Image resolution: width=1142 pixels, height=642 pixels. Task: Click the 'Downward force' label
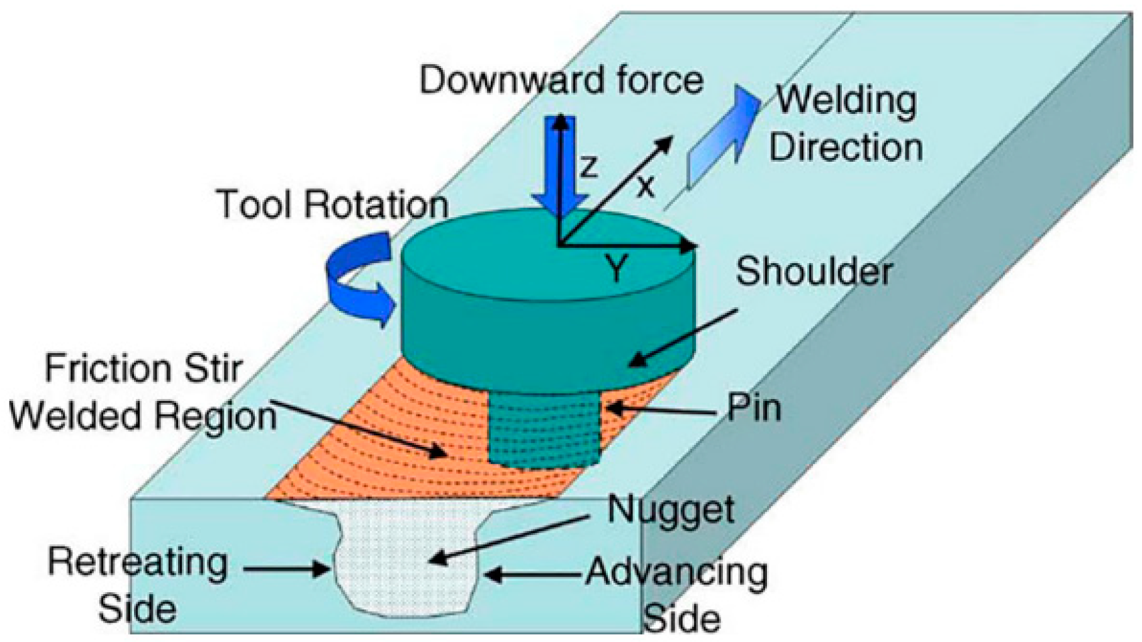(561, 81)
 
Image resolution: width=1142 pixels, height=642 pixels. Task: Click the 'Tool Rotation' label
(332, 205)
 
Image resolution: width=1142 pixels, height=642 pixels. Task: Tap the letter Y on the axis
(618, 269)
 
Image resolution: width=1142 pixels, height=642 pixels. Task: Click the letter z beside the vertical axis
(588, 167)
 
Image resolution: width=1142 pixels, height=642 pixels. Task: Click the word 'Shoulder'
(814, 272)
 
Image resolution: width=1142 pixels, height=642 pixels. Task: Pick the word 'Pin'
(754, 408)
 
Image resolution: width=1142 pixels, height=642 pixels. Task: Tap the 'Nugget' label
(671, 509)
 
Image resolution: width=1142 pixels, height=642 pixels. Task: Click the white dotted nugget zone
(403, 560)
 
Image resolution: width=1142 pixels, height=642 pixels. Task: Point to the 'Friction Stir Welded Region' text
(143, 392)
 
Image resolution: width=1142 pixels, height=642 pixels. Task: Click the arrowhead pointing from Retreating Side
(321, 570)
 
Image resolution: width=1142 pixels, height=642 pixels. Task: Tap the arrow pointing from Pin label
(661, 410)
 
